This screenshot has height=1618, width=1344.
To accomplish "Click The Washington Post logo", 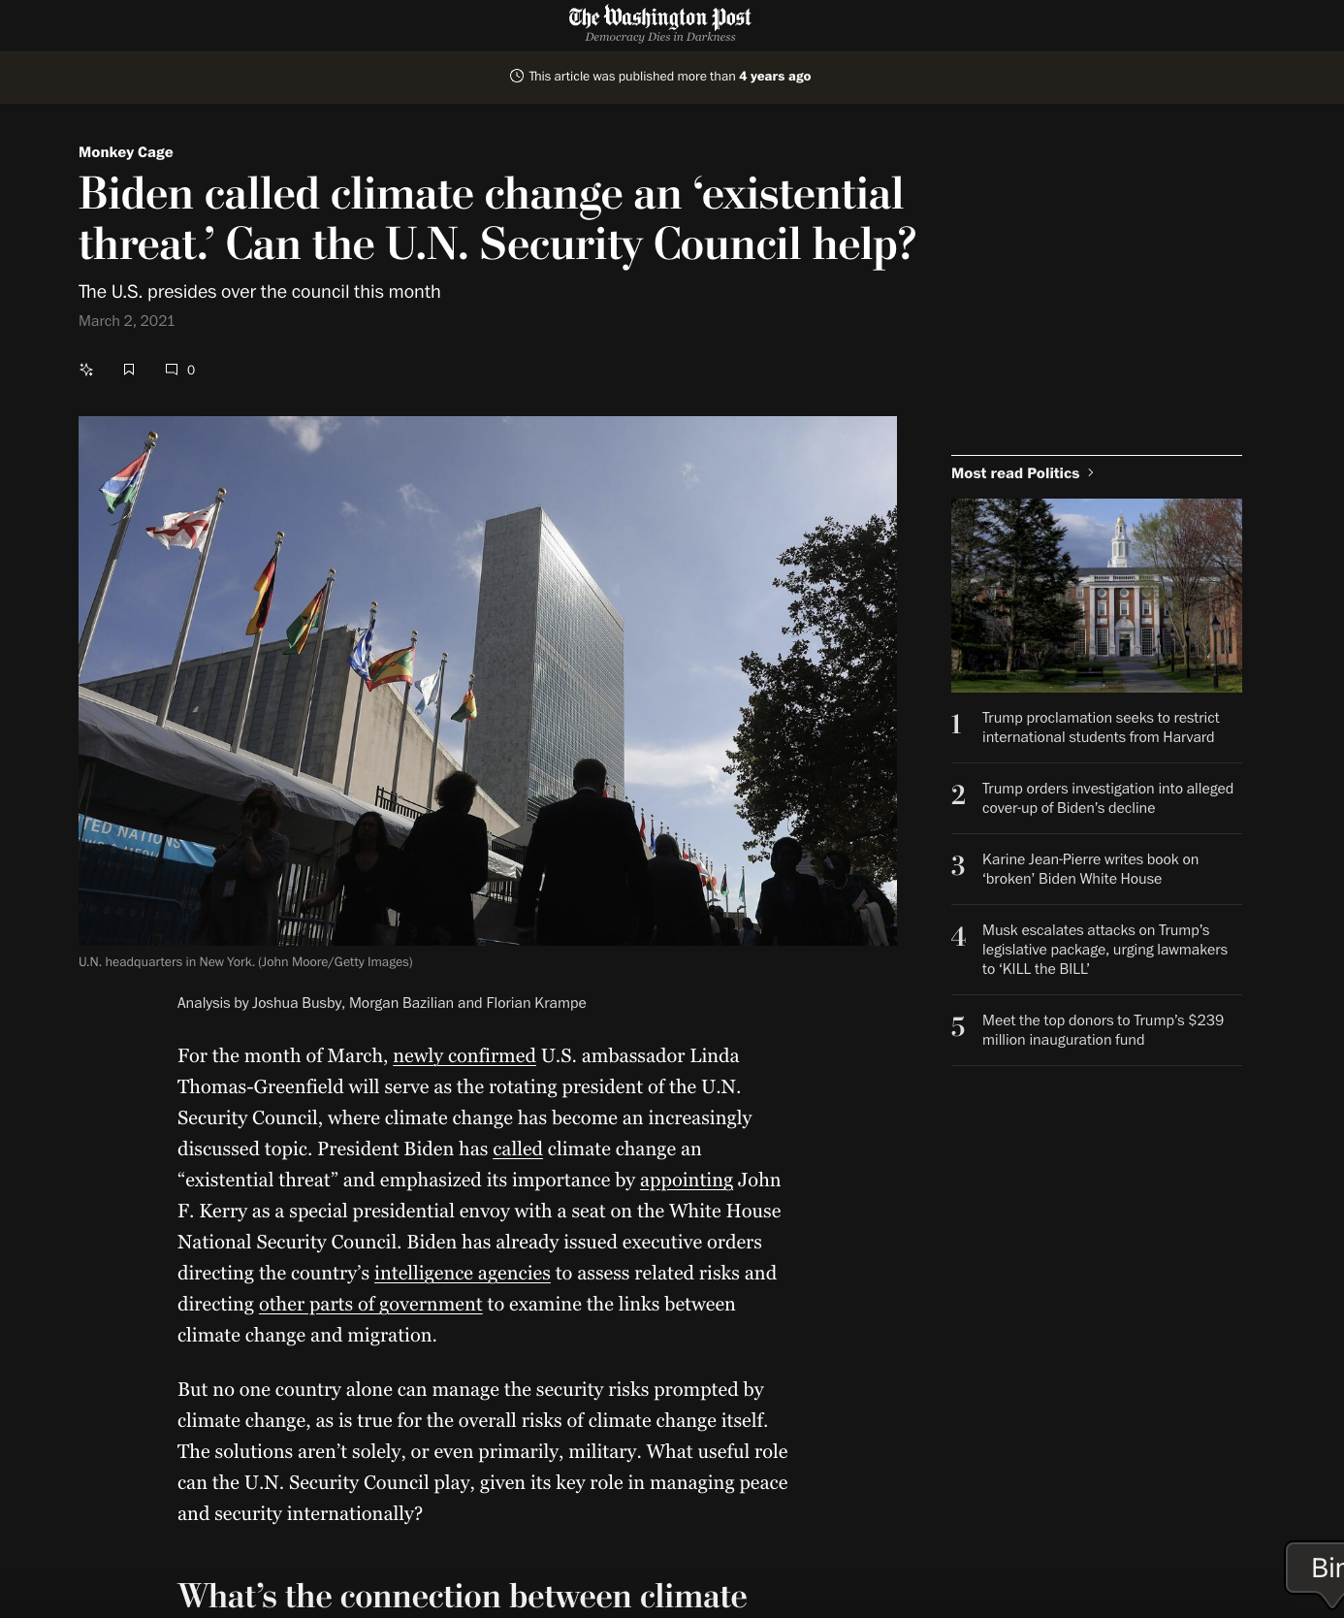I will point(659,18).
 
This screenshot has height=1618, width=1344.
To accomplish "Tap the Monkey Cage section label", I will point(126,152).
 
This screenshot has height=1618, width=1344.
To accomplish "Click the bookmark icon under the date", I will point(129,370).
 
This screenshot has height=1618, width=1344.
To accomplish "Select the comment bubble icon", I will point(172,370).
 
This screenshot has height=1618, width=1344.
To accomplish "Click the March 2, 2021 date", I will point(127,321).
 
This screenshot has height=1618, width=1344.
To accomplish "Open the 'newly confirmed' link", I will point(464,1055).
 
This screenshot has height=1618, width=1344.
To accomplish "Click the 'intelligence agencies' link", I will point(462,1273).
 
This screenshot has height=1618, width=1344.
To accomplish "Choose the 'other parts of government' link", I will point(369,1304).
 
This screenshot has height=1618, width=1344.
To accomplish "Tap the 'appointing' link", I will point(686,1180).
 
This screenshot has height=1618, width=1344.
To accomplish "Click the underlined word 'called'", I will point(517,1149).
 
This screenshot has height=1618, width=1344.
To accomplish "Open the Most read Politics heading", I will point(1015,473).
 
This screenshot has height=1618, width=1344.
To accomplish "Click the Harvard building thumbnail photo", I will point(1096,595).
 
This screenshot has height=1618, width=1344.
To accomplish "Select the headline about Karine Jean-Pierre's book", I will point(1090,869).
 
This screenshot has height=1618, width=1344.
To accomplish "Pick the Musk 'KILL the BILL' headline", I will point(1104,950).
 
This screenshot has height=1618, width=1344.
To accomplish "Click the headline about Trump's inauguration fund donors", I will point(1103,1030).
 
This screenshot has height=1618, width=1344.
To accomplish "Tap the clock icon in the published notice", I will point(517,76).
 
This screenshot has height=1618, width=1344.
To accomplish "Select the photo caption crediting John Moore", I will point(245,962).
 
